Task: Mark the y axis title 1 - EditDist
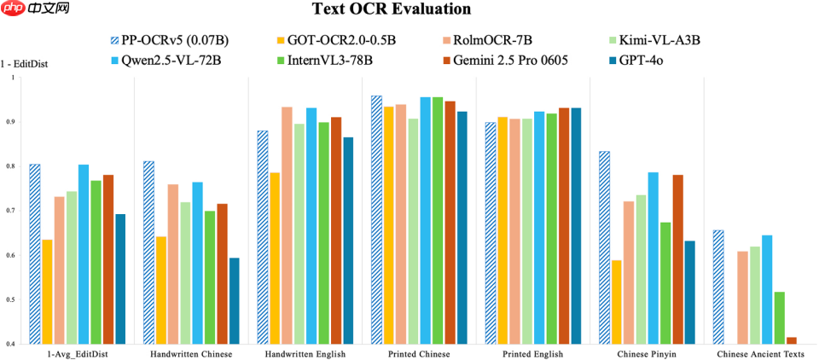point(23,62)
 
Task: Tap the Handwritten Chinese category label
point(191,353)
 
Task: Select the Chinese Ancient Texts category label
point(759,353)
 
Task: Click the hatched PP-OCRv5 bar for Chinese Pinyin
point(604,247)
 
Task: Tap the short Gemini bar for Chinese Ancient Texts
point(791,340)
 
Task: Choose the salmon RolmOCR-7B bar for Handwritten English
point(288,225)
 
